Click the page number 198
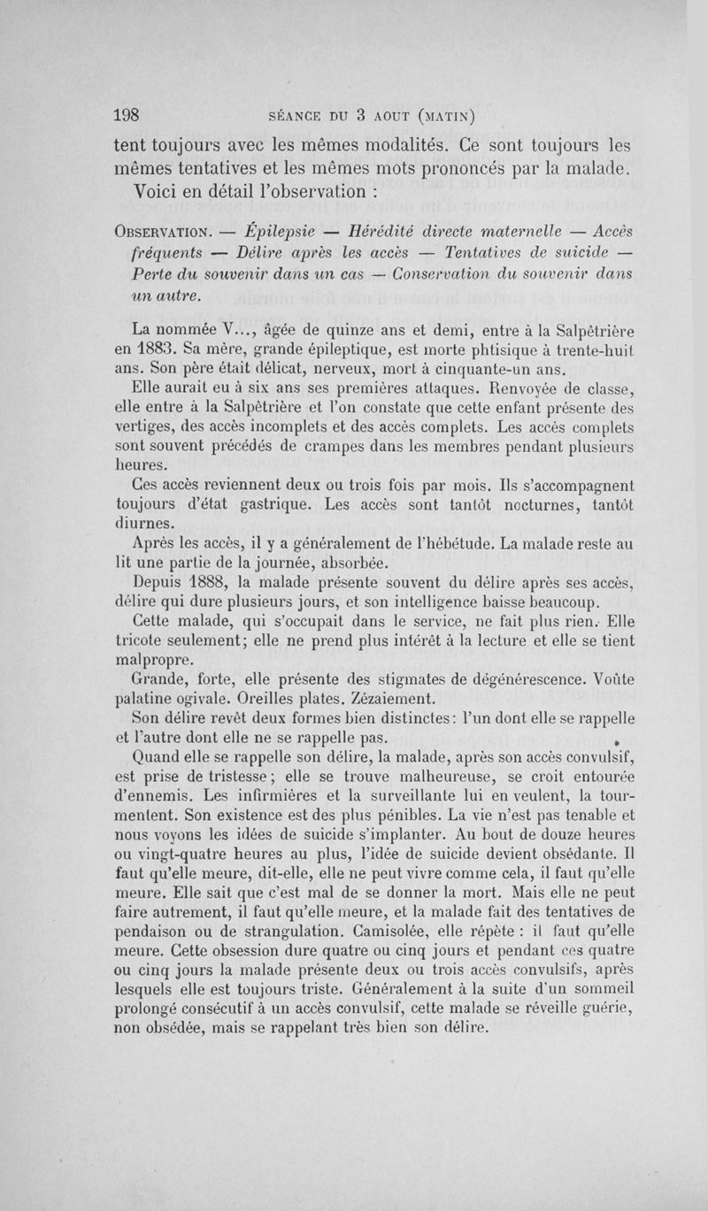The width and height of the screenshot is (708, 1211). tap(129, 115)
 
